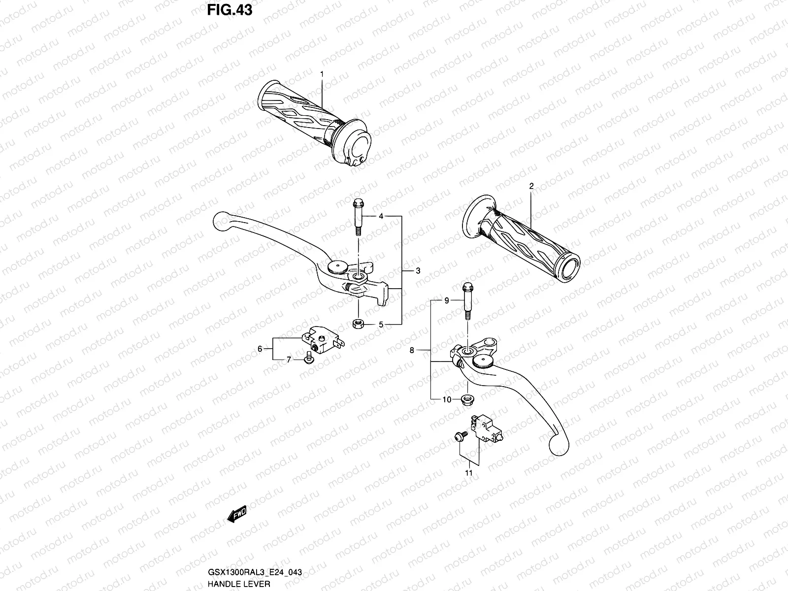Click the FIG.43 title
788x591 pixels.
point(230,10)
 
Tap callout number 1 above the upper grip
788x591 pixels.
point(322,74)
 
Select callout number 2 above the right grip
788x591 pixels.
point(531,186)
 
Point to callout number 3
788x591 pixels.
point(418,271)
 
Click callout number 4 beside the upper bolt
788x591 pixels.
point(381,216)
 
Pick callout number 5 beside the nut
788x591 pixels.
point(381,325)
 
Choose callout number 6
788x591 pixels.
point(260,349)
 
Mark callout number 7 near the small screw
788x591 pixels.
point(289,360)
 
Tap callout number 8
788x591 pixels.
point(412,350)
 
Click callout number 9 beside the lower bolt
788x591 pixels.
point(447,300)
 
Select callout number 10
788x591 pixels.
point(447,400)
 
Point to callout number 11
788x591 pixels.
point(468,473)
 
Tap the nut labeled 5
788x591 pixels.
point(359,324)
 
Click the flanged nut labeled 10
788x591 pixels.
point(465,399)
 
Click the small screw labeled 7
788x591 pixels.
point(308,358)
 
